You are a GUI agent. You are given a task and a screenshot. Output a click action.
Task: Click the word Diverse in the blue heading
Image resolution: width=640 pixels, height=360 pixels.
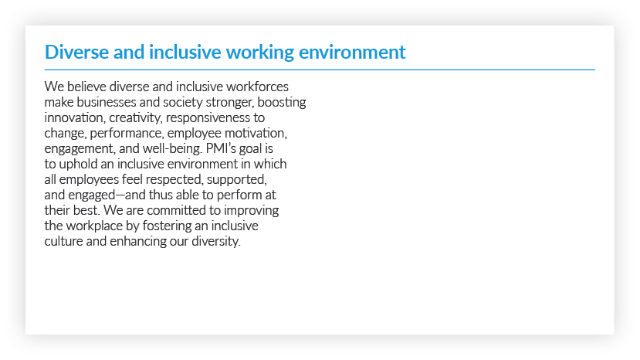tap(76, 53)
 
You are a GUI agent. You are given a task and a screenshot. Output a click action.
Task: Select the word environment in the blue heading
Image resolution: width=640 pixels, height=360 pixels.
tap(352, 53)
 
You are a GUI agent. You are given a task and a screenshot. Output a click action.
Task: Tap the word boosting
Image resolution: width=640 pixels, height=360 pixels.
tap(282, 103)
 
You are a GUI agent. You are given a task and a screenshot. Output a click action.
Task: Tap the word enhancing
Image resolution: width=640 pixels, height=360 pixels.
tap(138, 242)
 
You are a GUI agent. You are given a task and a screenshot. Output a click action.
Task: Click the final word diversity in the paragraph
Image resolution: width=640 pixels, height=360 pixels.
tap(216, 242)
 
